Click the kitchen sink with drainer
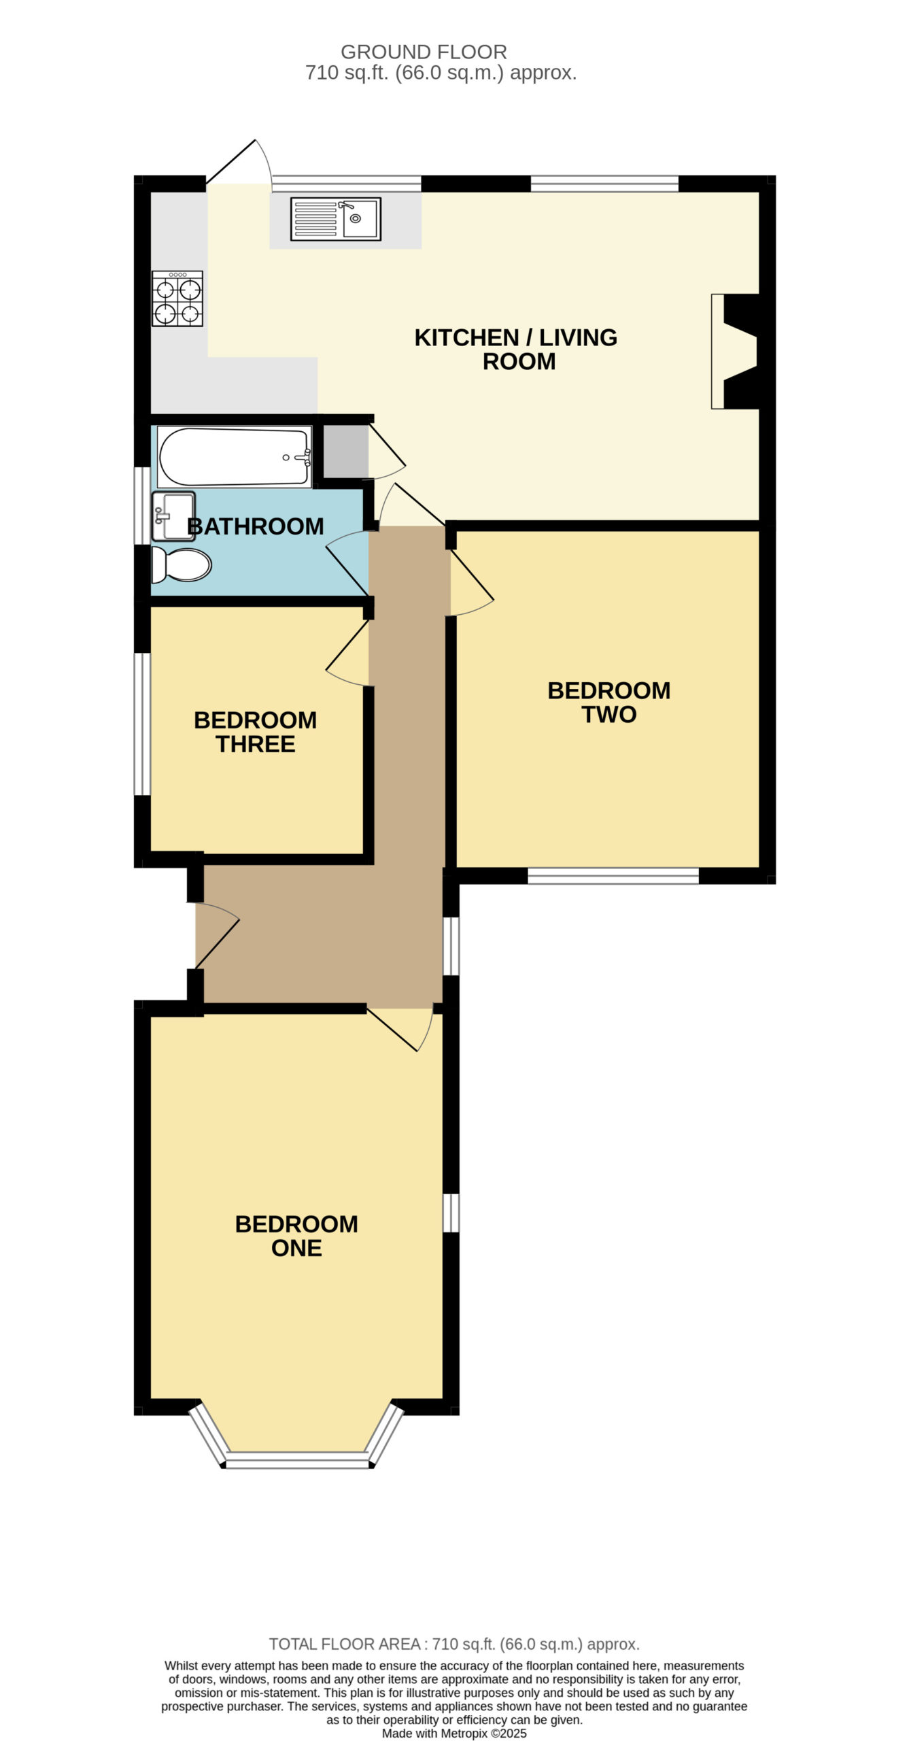click(x=336, y=219)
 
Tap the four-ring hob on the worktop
click(x=177, y=299)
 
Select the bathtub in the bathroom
click(x=235, y=456)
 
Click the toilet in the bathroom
click(x=181, y=564)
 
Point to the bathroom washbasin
click(x=173, y=516)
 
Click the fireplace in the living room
click(x=734, y=351)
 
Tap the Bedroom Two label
click(x=609, y=702)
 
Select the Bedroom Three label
click(x=256, y=732)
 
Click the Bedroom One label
click(x=296, y=1236)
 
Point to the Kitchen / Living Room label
click(x=516, y=349)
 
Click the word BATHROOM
click(x=256, y=526)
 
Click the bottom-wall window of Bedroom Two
click(x=613, y=876)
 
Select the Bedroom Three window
click(x=142, y=724)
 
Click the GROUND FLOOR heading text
click(x=424, y=52)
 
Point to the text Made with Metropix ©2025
click(x=454, y=1734)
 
